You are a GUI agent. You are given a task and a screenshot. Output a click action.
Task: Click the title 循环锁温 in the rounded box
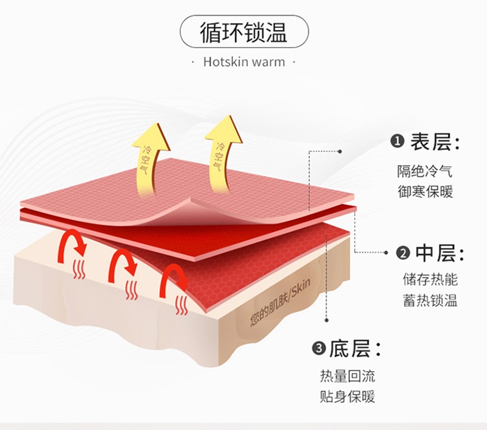click(x=244, y=32)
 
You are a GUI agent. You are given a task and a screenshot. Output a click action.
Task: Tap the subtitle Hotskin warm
click(x=244, y=62)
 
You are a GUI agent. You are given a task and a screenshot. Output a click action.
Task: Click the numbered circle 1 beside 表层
click(x=398, y=142)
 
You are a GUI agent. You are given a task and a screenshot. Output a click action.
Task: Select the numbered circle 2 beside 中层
click(x=403, y=253)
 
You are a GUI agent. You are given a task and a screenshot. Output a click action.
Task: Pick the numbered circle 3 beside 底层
click(x=319, y=348)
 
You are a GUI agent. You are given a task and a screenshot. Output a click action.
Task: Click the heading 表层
click(x=430, y=142)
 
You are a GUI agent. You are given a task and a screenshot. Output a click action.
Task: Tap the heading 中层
click(x=436, y=253)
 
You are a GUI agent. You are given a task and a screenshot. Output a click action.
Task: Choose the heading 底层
click(x=350, y=348)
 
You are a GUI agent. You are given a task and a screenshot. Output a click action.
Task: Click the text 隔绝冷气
click(x=424, y=171)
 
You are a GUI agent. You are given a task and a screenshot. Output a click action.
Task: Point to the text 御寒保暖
click(x=425, y=191)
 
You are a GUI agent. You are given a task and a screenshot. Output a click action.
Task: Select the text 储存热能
click(x=430, y=280)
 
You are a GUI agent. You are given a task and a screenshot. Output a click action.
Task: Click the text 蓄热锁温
click(x=430, y=300)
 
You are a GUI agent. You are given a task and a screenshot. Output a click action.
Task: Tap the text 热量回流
click(x=348, y=376)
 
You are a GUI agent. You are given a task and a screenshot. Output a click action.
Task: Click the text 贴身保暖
click(x=348, y=397)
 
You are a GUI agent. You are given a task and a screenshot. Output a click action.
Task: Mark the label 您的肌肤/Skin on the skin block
click(x=280, y=302)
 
